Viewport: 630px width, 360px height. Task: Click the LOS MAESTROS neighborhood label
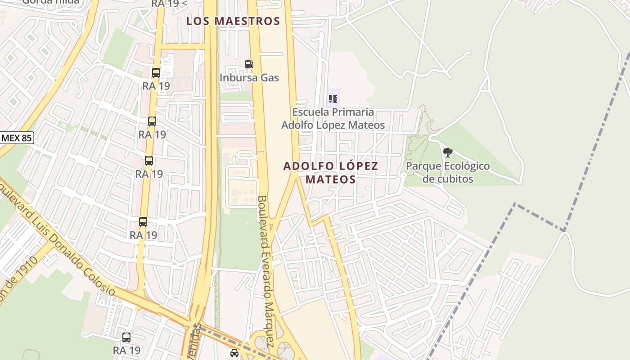[233, 21]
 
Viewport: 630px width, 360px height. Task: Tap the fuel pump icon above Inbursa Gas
[249, 64]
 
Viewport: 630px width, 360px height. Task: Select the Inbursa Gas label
[249, 78]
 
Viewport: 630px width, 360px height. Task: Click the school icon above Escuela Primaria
[333, 99]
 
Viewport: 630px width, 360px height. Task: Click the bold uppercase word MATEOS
[331, 180]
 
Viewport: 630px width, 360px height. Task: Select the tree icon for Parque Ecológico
[447, 153]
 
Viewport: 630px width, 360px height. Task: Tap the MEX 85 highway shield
[16, 138]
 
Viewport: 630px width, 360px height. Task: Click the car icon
[234, 353]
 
